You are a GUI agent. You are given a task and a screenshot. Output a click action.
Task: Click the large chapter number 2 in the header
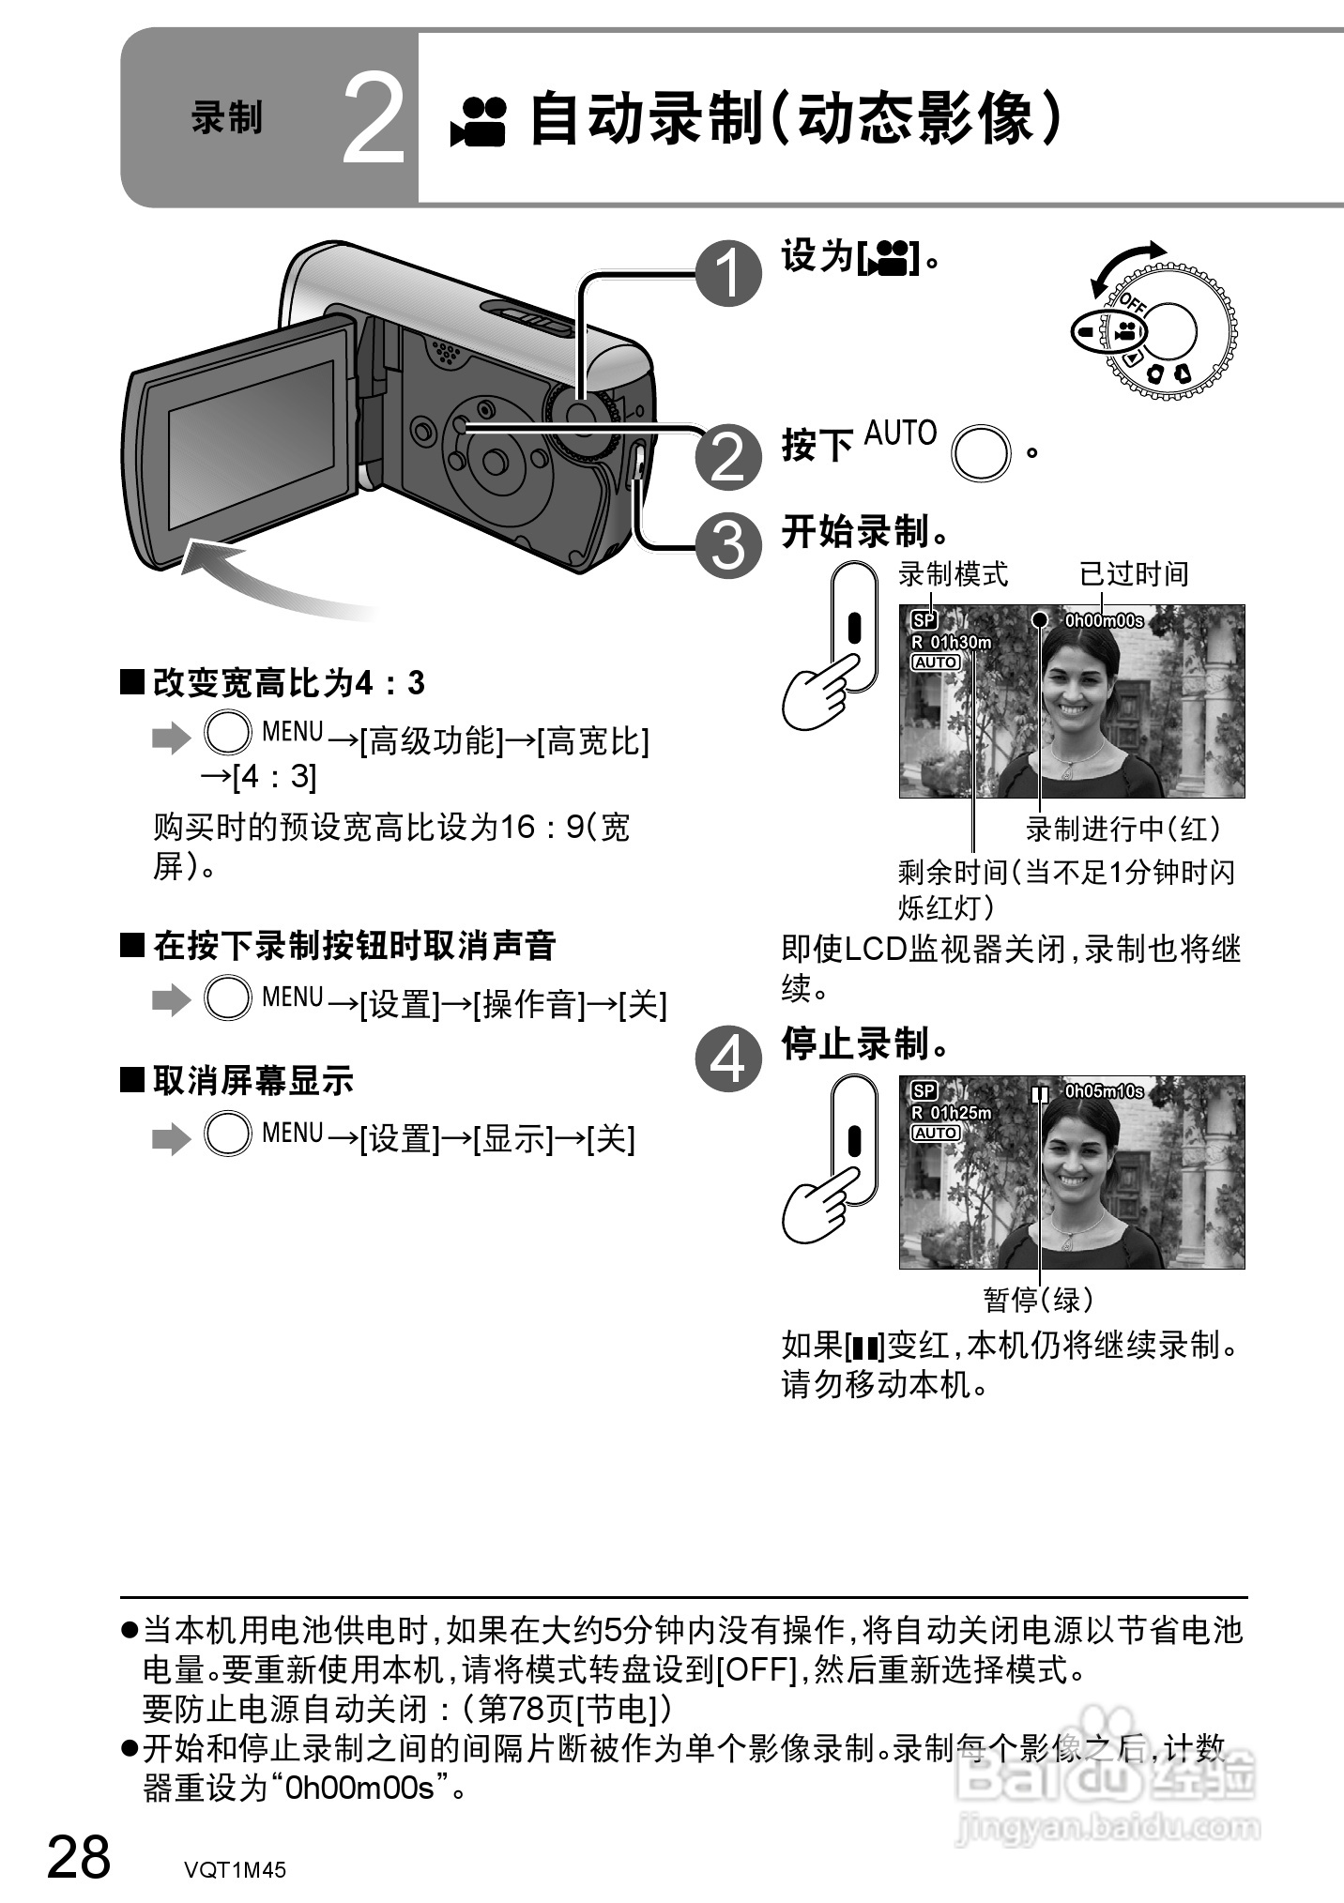pos(373,119)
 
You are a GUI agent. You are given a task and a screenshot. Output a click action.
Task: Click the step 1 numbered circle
pos(728,273)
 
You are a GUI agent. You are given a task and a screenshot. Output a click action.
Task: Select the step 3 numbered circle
pos(728,545)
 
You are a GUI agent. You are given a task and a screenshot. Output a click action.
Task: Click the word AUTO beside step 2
pos(900,434)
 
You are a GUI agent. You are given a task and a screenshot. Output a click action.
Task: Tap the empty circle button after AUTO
pos(981,452)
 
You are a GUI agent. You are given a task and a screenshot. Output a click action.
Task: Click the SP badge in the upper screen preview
pos(924,620)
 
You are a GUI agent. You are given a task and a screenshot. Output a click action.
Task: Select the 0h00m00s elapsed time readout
pos(1104,620)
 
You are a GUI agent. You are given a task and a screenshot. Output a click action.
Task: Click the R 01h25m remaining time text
pos(951,1113)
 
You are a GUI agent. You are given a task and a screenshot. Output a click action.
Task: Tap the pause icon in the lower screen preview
pos(1038,1094)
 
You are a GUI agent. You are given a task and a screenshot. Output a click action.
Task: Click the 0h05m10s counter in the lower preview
pos(1104,1091)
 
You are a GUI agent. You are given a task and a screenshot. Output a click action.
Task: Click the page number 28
pos(79,1857)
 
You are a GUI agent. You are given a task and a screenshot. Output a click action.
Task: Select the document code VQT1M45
pos(235,1869)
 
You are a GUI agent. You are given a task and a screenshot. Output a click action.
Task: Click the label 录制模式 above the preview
pos(953,573)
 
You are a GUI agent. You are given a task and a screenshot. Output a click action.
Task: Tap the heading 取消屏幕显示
pos(252,1081)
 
